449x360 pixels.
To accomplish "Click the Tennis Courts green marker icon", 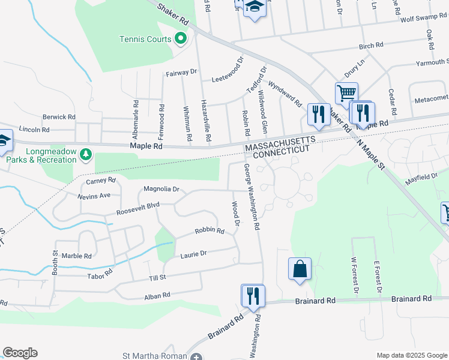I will coord(180,40).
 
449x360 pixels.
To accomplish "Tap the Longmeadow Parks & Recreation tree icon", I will coord(86,155).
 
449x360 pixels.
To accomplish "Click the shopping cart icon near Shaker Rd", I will coord(346,93).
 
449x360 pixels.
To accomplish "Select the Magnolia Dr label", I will coord(161,189).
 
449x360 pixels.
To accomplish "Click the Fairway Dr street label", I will coord(181,72).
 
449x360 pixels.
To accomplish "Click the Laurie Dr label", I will coord(193,254).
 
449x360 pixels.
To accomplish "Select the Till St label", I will coord(157,277).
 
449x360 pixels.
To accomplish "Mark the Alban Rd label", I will coord(157,295).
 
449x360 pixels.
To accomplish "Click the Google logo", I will coord(20,353).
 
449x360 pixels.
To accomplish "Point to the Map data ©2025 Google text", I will coord(412,355).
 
